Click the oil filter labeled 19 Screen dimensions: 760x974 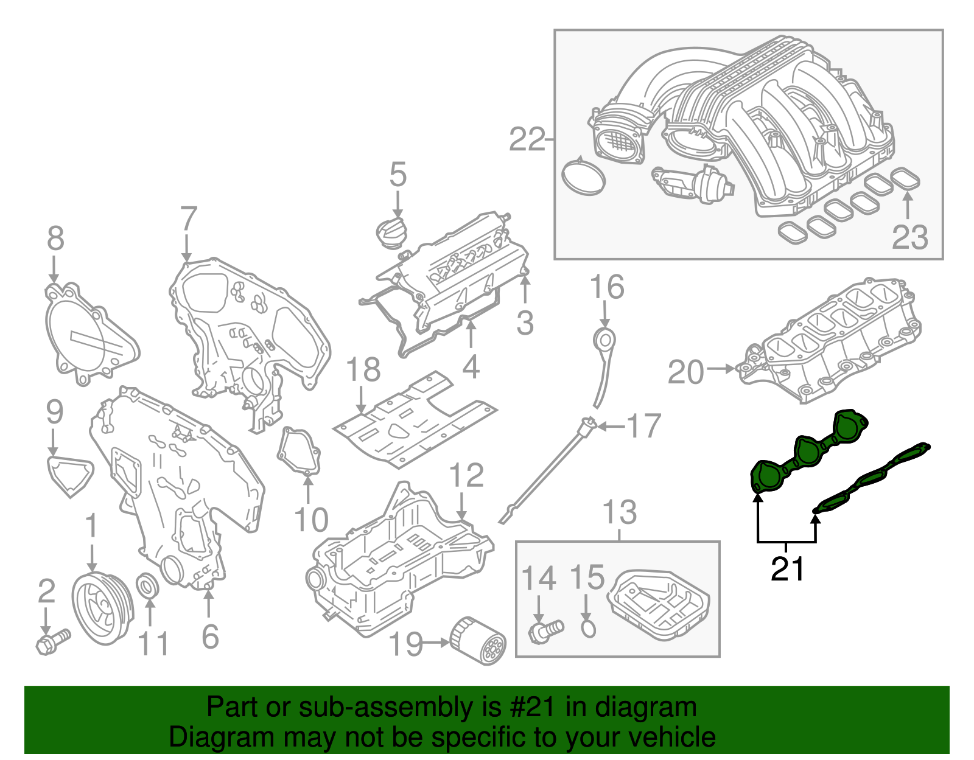(478, 641)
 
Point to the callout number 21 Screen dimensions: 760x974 (787, 569)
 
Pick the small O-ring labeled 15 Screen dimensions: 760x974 (588, 629)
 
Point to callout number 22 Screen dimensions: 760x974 (527, 140)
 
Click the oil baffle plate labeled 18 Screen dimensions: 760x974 (414, 420)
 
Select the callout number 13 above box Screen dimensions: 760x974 (619, 512)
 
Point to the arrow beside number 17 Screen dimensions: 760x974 (611, 427)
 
